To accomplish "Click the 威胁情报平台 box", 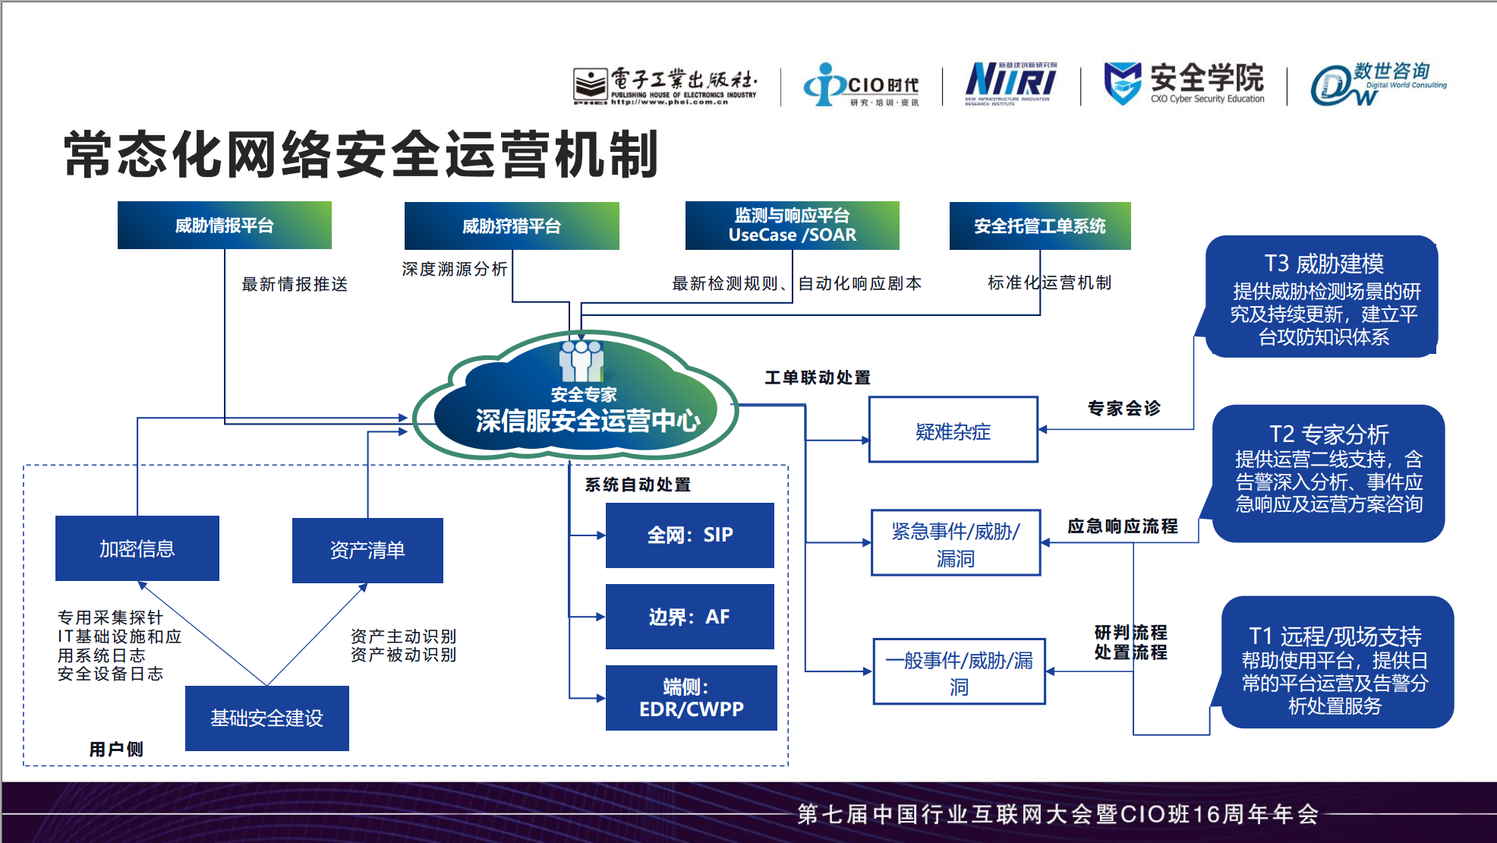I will (x=224, y=226).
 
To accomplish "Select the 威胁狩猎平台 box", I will (x=511, y=226).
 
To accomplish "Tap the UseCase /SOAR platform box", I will (x=792, y=226).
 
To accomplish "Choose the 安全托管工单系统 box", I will (x=1039, y=226).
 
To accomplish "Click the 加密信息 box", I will (x=137, y=548).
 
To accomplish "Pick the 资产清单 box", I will (x=367, y=550).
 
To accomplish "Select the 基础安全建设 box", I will (x=266, y=718).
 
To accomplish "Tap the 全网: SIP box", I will (x=689, y=535).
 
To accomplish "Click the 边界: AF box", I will (x=689, y=617).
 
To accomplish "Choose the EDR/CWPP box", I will (x=691, y=698).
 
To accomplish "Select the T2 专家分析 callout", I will (x=1328, y=472).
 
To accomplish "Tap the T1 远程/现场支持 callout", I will (x=1336, y=662).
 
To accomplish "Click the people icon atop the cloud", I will (x=581, y=361).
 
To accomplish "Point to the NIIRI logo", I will (x=1010, y=83).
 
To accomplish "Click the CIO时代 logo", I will (x=861, y=84).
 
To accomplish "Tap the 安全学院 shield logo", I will (x=1122, y=83).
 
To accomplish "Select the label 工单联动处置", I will (x=817, y=377).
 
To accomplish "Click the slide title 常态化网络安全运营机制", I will (x=361, y=155).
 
